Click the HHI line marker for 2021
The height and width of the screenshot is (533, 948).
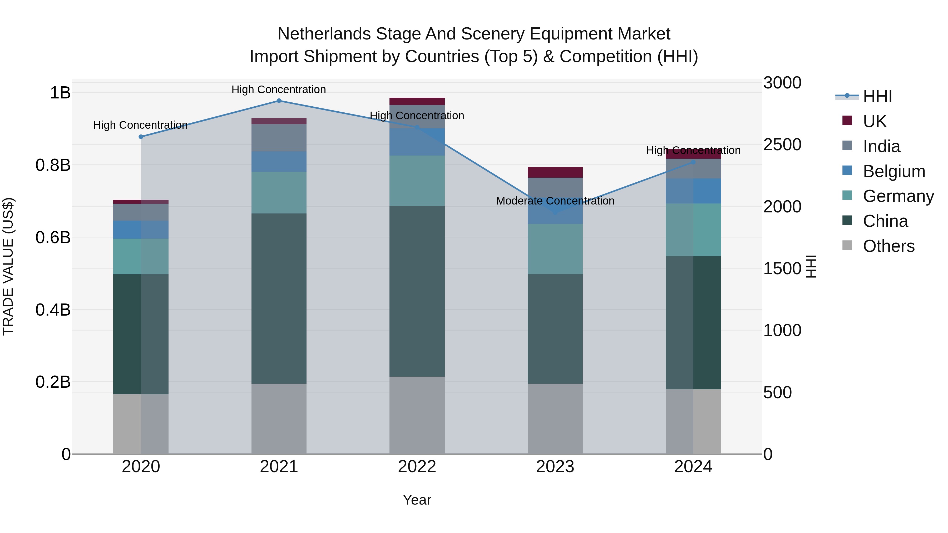pyautogui.click(x=279, y=101)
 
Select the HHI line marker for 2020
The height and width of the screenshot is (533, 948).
pyautogui.click(x=141, y=137)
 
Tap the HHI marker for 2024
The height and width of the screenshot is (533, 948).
pyautogui.click(x=693, y=162)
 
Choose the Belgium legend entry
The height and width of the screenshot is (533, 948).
pyautogui.click(x=893, y=171)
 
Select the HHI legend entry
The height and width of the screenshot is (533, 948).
pyautogui.click(x=877, y=96)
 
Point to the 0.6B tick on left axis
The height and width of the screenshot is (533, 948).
pyautogui.click(x=53, y=237)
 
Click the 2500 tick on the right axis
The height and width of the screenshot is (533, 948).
pyautogui.click(x=782, y=145)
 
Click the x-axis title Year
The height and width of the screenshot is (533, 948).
pyautogui.click(x=417, y=500)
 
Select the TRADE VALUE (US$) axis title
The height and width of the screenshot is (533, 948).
pyautogui.click(x=8, y=266)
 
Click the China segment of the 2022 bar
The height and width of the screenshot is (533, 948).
pyautogui.click(x=417, y=291)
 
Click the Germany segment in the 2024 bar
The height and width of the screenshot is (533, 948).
pyautogui.click(x=693, y=230)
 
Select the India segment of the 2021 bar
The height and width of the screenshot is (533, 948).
pyautogui.click(x=279, y=138)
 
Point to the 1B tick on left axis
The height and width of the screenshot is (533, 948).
pyautogui.click(x=60, y=93)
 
